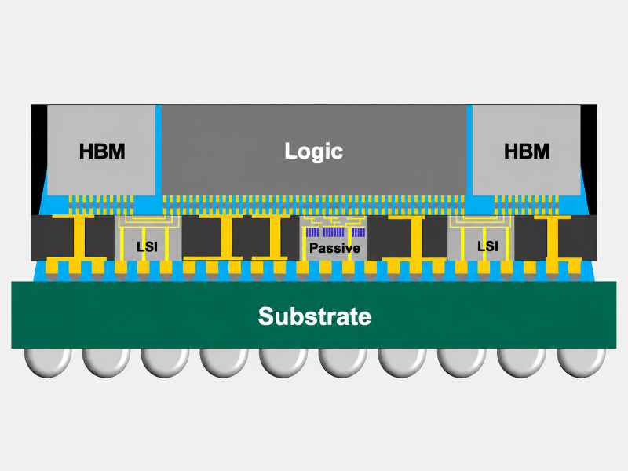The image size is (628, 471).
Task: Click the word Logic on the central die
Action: click(x=313, y=152)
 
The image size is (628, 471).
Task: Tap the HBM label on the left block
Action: click(x=102, y=152)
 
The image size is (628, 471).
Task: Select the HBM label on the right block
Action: click(x=527, y=152)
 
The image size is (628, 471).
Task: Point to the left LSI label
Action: click(x=147, y=246)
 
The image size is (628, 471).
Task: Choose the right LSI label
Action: click(x=487, y=246)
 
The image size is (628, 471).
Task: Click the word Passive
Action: click(x=335, y=248)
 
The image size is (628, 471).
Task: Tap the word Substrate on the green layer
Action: click(x=315, y=316)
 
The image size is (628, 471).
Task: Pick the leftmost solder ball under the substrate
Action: click(x=48, y=363)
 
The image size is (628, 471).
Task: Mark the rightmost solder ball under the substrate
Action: click(x=581, y=363)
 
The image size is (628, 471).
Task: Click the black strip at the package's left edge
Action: click(x=38, y=160)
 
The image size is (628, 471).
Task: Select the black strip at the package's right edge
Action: click(x=589, y=160)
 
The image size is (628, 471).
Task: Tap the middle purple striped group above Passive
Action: click(x=334, y=232)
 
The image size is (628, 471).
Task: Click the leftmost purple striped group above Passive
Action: click(x=312, y=232)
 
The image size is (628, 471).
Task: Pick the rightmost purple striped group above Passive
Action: click(x=359, y=232)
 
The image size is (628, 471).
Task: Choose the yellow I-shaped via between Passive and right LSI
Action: click(x=417, y=238)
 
